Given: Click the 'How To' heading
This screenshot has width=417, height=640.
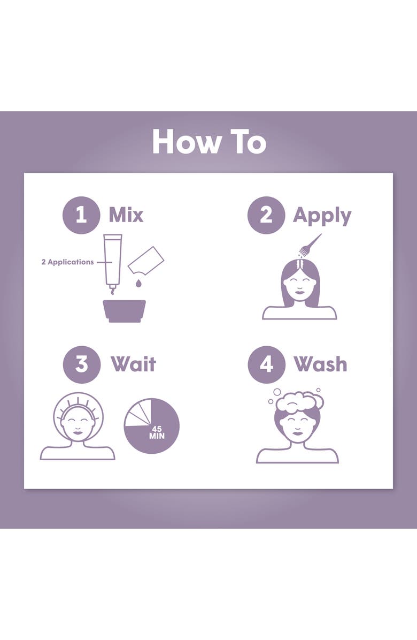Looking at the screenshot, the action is (209, 142).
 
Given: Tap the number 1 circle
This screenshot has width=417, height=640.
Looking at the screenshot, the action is (81, 215).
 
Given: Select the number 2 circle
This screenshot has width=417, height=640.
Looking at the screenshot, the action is (266, 215).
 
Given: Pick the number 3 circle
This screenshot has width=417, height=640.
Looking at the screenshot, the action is (81, 364).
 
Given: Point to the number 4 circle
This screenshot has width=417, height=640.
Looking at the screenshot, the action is (266, 364).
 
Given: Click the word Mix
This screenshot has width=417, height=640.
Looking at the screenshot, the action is (126, 215).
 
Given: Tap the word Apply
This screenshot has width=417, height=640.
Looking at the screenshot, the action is (322, 216).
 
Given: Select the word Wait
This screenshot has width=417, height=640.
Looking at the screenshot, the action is (133, 364).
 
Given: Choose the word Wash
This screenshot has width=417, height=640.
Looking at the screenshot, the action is (320, 364).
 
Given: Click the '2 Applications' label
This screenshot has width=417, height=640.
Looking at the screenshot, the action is (67, 262).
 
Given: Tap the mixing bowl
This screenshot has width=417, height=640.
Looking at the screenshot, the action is (125, 310).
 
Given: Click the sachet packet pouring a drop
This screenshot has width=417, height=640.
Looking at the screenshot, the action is (145, 260).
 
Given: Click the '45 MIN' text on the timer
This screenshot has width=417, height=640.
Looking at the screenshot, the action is (157, 433).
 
